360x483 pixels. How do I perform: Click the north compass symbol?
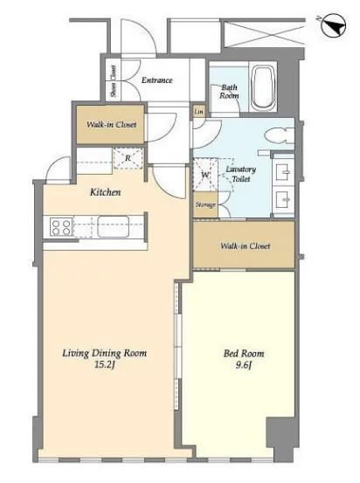click(x=333, y=25)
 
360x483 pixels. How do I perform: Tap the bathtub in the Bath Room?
click(x=263, y=88)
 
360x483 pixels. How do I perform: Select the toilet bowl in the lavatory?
click(x=280, y=135)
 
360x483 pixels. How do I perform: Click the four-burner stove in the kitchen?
click(x=61, y=227)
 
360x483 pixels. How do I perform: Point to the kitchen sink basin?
click(x=113, y=226)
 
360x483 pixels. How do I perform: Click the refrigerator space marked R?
click(x=128, y=158)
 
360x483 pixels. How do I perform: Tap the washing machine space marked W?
click(x=205, y=175)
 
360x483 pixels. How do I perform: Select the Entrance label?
click(x=157, y=80)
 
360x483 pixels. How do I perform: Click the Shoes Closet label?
click(x=114, y=81)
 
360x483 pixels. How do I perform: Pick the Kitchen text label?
click(x=105, y=192)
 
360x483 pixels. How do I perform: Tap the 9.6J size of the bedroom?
click(x=244, y=366)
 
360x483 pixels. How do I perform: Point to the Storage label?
click(x=205, y=205)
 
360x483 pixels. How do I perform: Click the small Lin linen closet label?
click(x=199, y=112)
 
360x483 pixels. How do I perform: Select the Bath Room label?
click(x=229, y=92)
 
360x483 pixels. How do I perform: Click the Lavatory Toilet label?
click(x=240, y=174)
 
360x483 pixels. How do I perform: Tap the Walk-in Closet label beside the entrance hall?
click(x=111, y=125)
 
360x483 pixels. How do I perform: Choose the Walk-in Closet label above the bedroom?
click(x=246, y=246)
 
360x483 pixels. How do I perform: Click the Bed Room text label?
click(x=244, y=354)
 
